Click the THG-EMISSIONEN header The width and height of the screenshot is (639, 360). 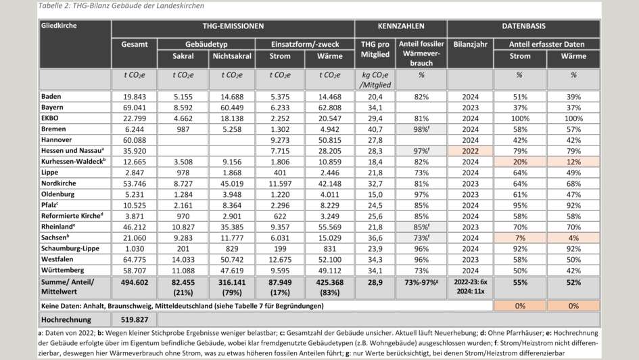point(234,26)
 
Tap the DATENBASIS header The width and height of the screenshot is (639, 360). point(524,26)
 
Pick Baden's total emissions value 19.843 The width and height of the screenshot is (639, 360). point(135,97)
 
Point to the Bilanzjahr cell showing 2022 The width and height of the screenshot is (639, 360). point(470,149)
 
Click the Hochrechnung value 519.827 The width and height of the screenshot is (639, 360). point(135,319)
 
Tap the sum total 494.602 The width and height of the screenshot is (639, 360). point(135,282)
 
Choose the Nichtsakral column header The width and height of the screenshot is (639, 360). point(232,56)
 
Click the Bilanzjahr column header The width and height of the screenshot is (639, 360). point(470,44)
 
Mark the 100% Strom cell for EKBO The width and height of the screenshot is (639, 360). point(520,118)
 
